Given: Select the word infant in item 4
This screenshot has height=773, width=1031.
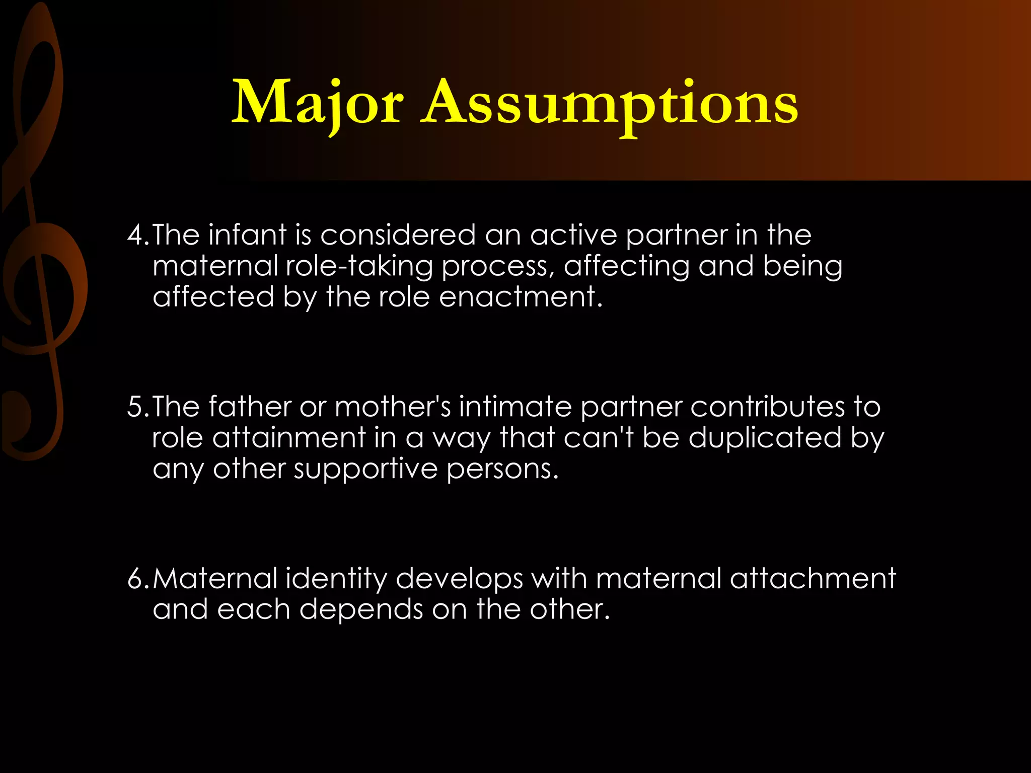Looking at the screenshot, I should (247, 236).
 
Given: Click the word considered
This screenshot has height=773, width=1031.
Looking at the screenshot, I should (398, 236).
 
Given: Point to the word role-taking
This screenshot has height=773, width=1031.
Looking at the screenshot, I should (359, 267).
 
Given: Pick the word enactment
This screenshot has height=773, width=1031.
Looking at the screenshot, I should (521, 297).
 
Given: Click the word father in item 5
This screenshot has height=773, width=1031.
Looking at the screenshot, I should (250, 407).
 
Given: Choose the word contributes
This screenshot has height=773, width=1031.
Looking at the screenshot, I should (767, 407).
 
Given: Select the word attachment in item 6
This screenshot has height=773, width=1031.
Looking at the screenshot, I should (813, 579).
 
